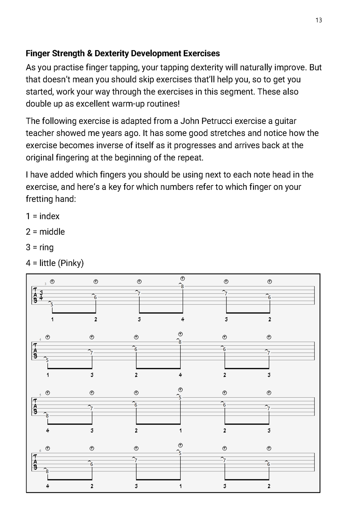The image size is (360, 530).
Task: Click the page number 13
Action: click(319, 20)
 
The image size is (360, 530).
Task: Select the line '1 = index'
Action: click(43, 216)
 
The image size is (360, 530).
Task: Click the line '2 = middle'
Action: click(45, 232)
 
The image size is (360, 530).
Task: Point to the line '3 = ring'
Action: click(40, 247)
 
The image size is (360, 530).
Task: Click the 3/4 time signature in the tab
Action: click(41, 295)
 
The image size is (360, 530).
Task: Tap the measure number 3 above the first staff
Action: click(45, 284)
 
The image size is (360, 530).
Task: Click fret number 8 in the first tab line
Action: click(182, 287)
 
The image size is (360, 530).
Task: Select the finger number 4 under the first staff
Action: click(182, 319)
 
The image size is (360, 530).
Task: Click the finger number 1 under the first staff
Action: click(52, 319)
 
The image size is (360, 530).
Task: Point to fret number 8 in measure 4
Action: click(180, 342)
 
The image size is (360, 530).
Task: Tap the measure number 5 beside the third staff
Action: click(40, 395)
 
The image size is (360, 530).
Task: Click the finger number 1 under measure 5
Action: click(180, 430)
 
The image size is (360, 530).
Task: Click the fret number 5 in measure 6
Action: click(180, 453)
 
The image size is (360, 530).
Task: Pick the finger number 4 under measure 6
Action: click(47, 486)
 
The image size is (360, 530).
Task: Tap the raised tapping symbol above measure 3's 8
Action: click(182, 278)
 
